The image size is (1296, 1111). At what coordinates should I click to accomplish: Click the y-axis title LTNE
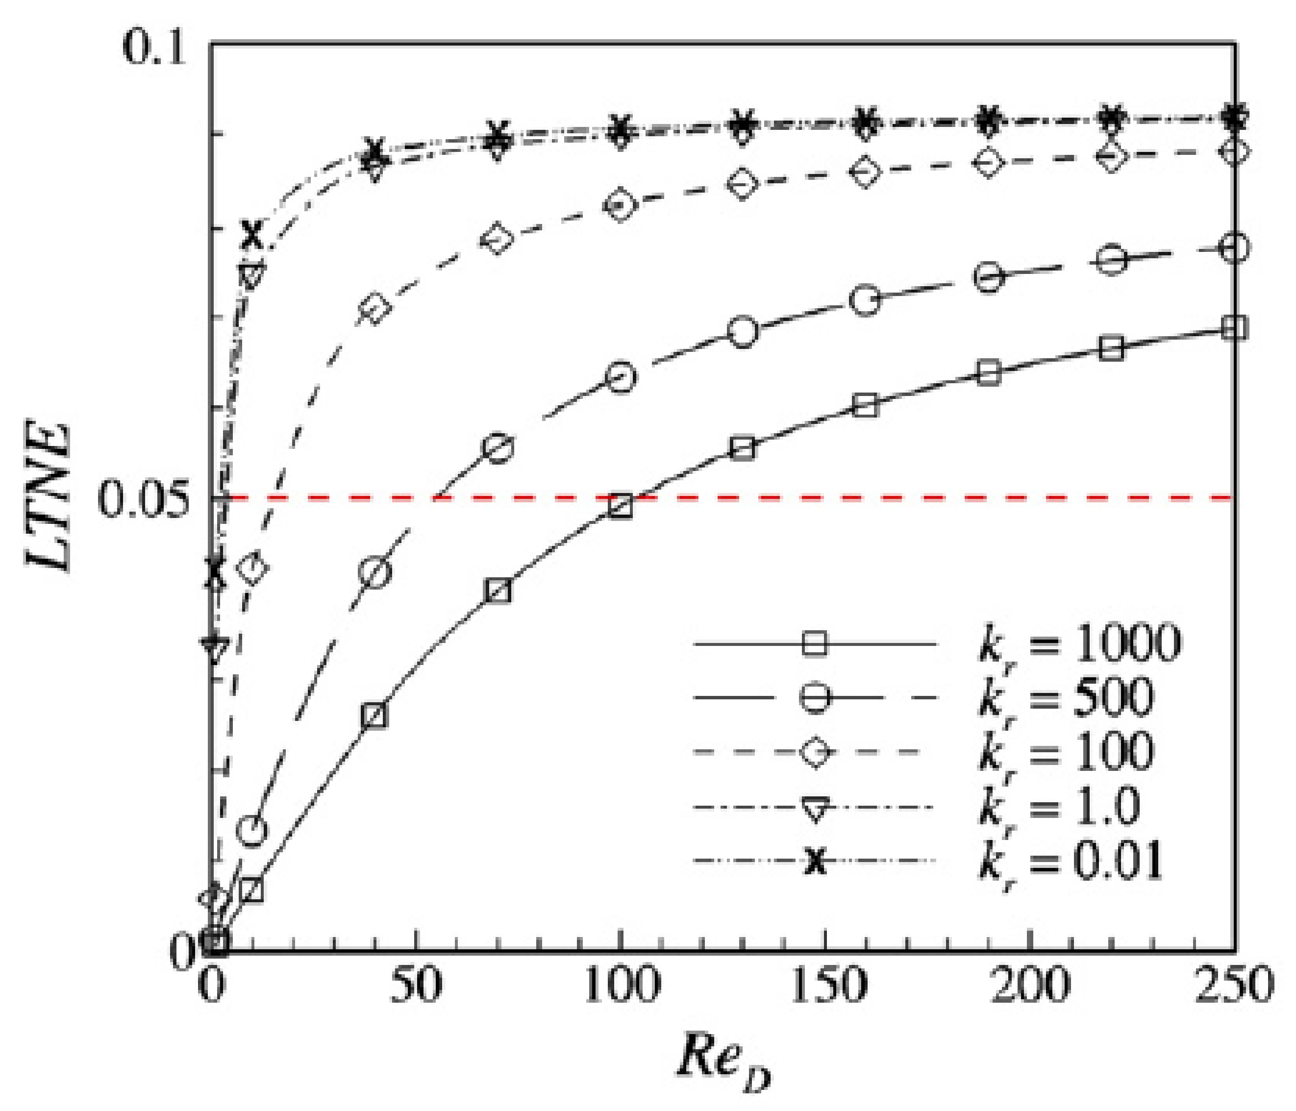click(x=49, y=497)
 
